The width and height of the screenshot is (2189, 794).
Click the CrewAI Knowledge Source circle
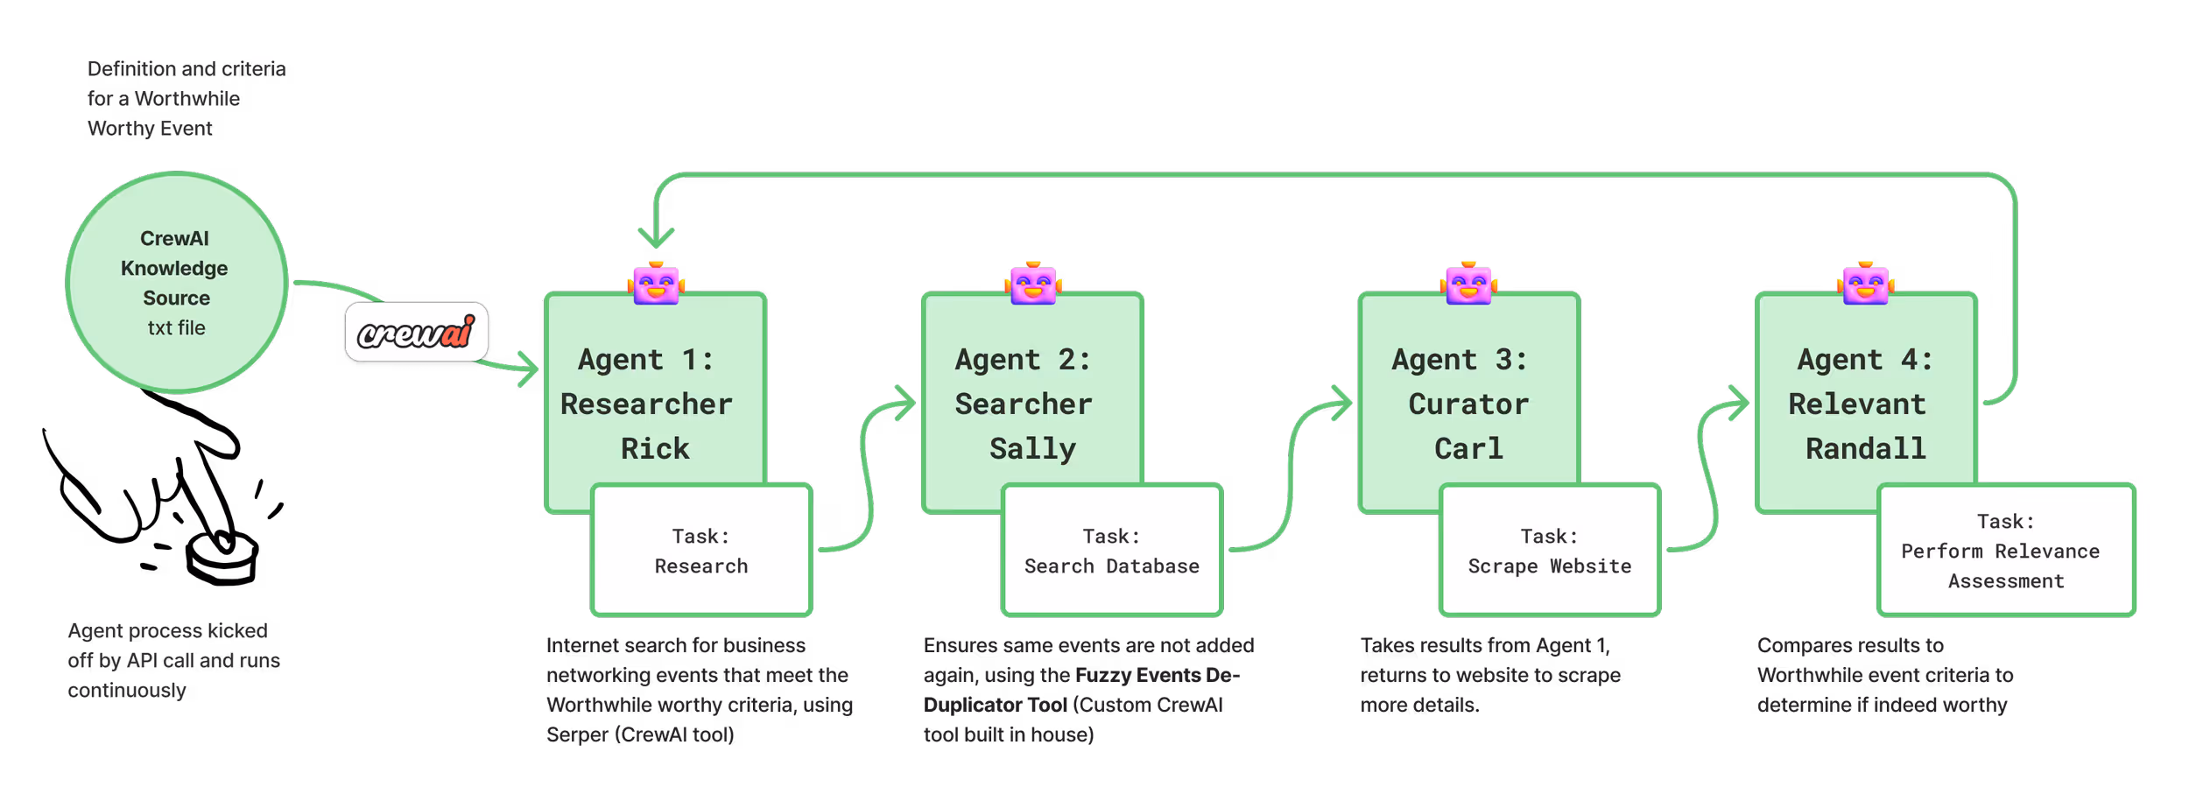(x=176, y=282)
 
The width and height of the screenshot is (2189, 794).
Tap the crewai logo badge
(x=417, y=334)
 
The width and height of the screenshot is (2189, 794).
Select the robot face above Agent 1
(x=656, y=284)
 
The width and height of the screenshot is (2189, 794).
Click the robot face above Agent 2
(x=1033, y=284)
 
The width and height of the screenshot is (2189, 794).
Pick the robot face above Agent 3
(x=1468, y=284)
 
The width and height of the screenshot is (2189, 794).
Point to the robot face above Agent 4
(x=1865, y=284)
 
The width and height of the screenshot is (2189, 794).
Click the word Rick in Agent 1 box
(x=655, y=449)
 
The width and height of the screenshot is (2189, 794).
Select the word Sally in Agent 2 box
(x=1032, y=449)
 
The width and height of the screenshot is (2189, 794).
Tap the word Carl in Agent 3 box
(x=1468, y=449)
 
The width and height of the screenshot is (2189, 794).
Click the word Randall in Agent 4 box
(x=1865, y=449)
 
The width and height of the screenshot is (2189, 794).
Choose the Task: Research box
(x=701, y=551)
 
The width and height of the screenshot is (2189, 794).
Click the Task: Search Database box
(x=1111, y=551)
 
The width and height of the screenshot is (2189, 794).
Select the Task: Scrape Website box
(x=1549, y=551)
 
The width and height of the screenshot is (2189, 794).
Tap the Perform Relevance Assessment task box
(x=2005, y=551)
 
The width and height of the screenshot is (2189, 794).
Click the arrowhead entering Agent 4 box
(x=1739, y=404)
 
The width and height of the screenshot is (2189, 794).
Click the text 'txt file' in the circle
(x=176, y=328)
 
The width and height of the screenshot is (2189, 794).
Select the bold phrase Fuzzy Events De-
(x=1157, y=675)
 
